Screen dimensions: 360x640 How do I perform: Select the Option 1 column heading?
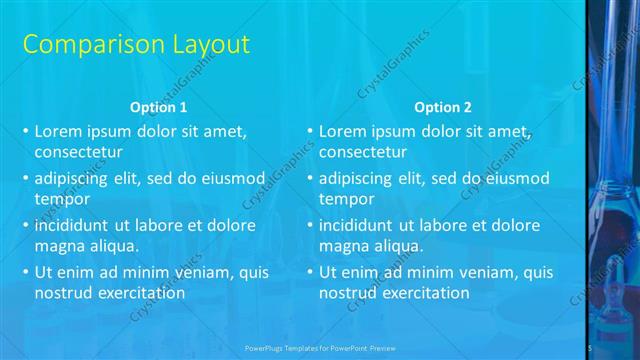(158, 107)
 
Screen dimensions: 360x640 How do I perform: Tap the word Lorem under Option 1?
(58, 131)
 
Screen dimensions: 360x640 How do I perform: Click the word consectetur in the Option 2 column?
(363, 153)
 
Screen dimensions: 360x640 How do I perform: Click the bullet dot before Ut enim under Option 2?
(310, 272)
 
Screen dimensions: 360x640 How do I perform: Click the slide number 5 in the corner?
(591, 347)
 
